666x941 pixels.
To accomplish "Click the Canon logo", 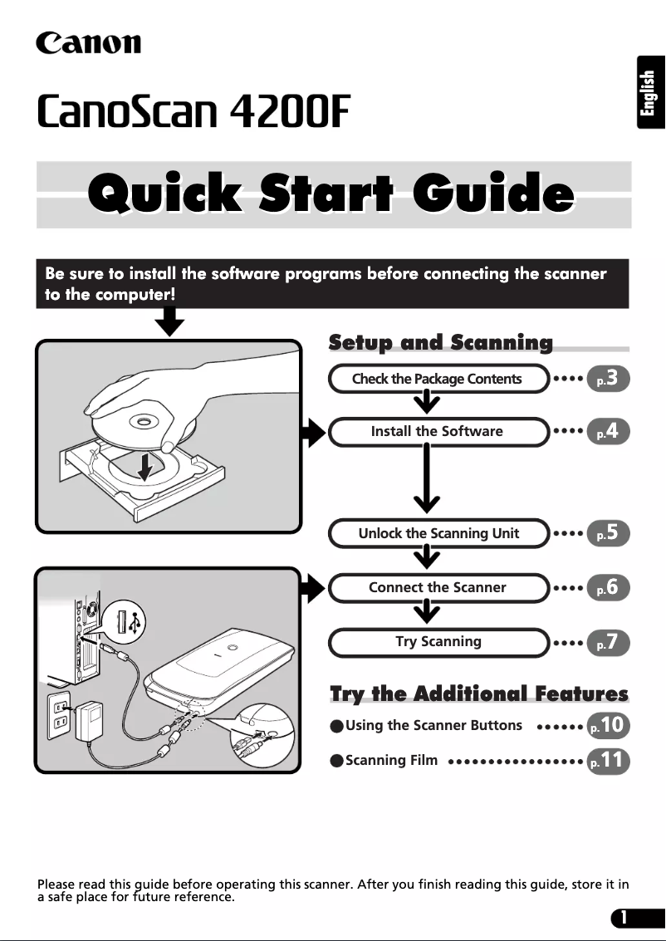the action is pos(89,43).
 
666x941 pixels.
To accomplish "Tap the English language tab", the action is pos(650,92).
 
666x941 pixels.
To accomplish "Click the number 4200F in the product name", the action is pos(290,111).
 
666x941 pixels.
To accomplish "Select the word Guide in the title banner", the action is pos(493,194).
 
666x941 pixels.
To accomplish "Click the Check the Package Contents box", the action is pos(438,379).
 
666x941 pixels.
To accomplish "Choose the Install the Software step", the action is pos(438,432).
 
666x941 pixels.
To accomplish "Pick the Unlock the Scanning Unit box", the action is pos(438,533).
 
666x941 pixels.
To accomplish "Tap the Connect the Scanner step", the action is pos(438,587).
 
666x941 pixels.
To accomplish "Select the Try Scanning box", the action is pos(438,642).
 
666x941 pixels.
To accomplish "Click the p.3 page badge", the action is pos(608,379).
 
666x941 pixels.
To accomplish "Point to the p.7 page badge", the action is pos(608,643).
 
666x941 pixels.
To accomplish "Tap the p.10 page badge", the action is pos(608,726).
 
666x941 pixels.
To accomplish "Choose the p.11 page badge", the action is pos(608,761).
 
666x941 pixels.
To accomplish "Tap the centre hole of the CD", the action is pos(143,422).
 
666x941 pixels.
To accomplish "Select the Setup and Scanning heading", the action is pos(440,342).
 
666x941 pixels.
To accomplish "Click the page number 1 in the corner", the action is pos(624,918).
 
